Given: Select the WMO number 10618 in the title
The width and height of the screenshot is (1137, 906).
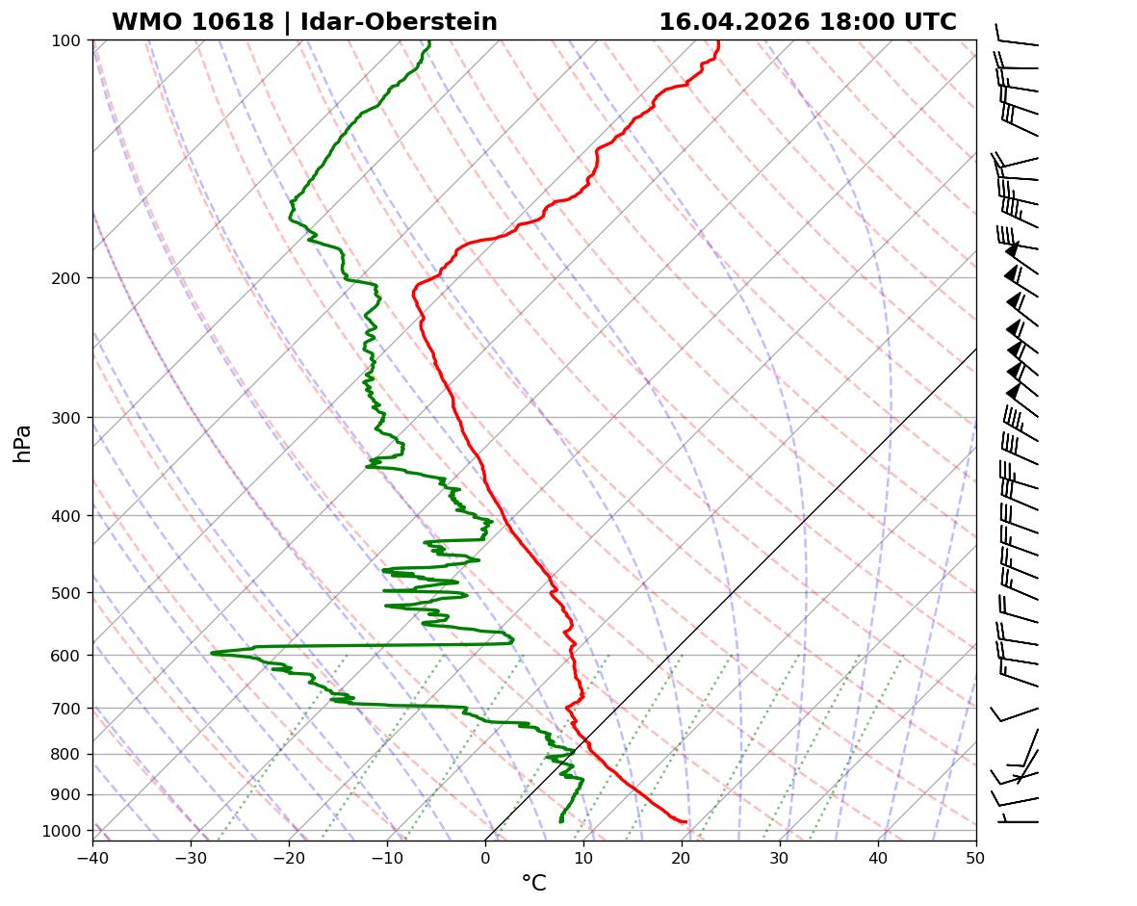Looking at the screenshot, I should (193, 22).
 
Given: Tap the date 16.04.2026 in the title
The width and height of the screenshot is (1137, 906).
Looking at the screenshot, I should (735, 22).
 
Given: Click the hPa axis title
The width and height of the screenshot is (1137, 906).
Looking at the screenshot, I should (23, 444).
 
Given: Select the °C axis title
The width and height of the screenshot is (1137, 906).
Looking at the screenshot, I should (533, 883).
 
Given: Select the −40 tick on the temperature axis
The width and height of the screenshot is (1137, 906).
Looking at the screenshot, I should (92, 854).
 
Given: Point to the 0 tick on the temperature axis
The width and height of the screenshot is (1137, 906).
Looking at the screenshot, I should (485, 854).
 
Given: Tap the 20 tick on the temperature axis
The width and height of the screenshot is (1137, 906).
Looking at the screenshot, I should (682, 854).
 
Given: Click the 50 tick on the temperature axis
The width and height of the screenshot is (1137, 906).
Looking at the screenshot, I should (976, 854).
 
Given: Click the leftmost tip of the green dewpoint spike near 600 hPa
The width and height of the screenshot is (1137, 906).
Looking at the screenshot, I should (212, 653).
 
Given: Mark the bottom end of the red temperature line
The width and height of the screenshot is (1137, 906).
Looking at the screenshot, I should (685, 821).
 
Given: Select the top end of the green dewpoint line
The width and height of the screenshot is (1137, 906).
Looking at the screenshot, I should (429, 40).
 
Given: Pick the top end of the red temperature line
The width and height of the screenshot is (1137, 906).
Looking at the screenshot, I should (718, 40).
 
